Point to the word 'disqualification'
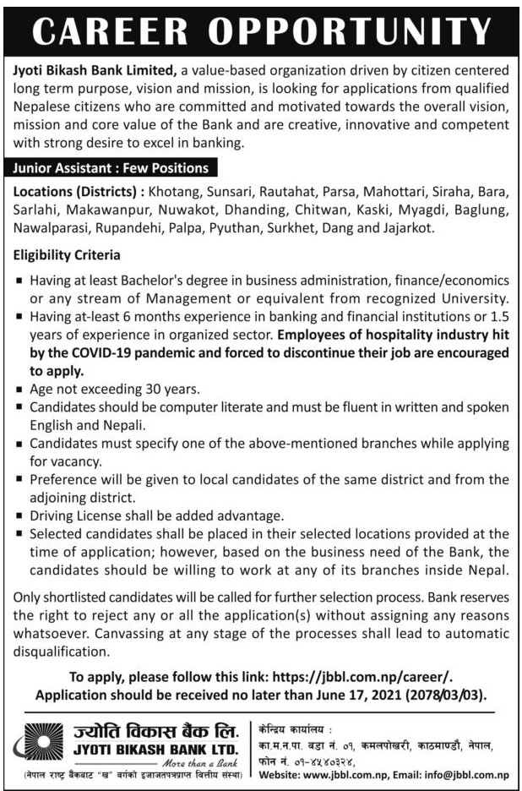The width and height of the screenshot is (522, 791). click(62, 652)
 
